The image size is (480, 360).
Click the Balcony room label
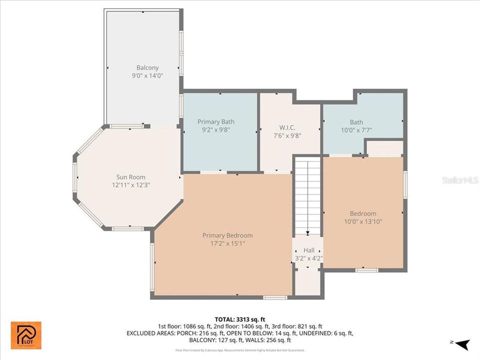[147, 67]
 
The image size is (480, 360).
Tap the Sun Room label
[130, 176]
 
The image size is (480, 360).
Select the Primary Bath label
[215, 121]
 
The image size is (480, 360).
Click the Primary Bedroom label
[227, 235]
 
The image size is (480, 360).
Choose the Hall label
[308, 250]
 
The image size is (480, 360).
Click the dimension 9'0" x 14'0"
[147, 75]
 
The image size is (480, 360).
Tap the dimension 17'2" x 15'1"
[227, 243]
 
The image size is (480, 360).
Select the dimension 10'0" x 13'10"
[363, 221]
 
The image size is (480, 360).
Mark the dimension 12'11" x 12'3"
[130, 184]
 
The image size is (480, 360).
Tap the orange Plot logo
[26, 335]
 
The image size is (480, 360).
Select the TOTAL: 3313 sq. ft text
[239, 318]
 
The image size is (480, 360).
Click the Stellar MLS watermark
[460, 179]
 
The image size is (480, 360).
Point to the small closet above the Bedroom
[384, 148]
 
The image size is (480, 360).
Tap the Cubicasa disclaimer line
[240, 350]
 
